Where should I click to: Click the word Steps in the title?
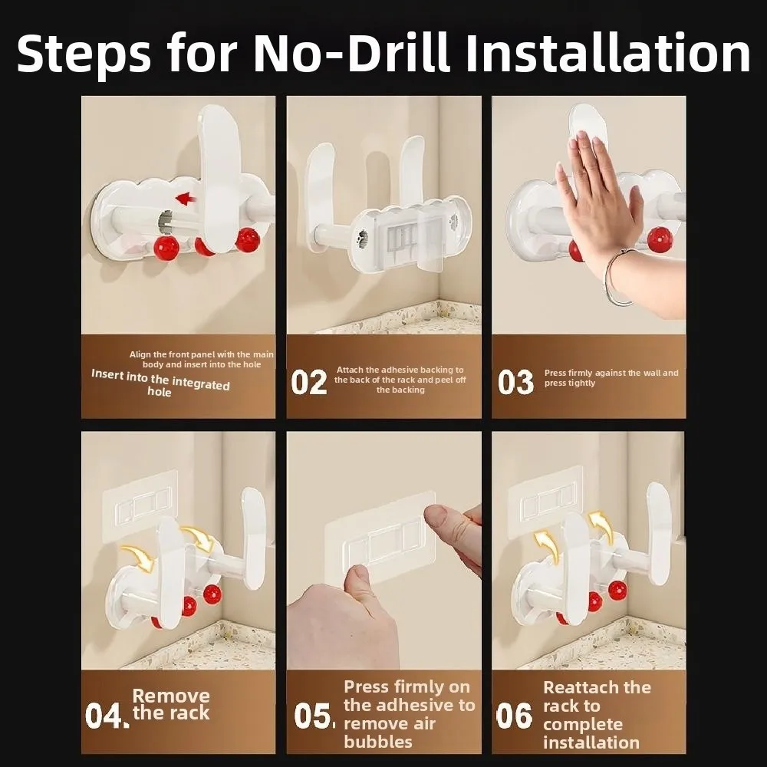84,54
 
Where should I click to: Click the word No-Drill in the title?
351,52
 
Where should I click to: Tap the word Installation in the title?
608,52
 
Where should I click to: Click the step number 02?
308,382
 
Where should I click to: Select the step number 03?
515,382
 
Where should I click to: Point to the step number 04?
107,716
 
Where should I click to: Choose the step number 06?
514,716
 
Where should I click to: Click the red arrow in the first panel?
186,199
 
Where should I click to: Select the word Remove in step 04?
171,695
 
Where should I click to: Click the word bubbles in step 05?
378,742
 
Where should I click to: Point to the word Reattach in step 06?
597,687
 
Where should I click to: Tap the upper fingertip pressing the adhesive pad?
437,516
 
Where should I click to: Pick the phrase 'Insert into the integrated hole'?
160,383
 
